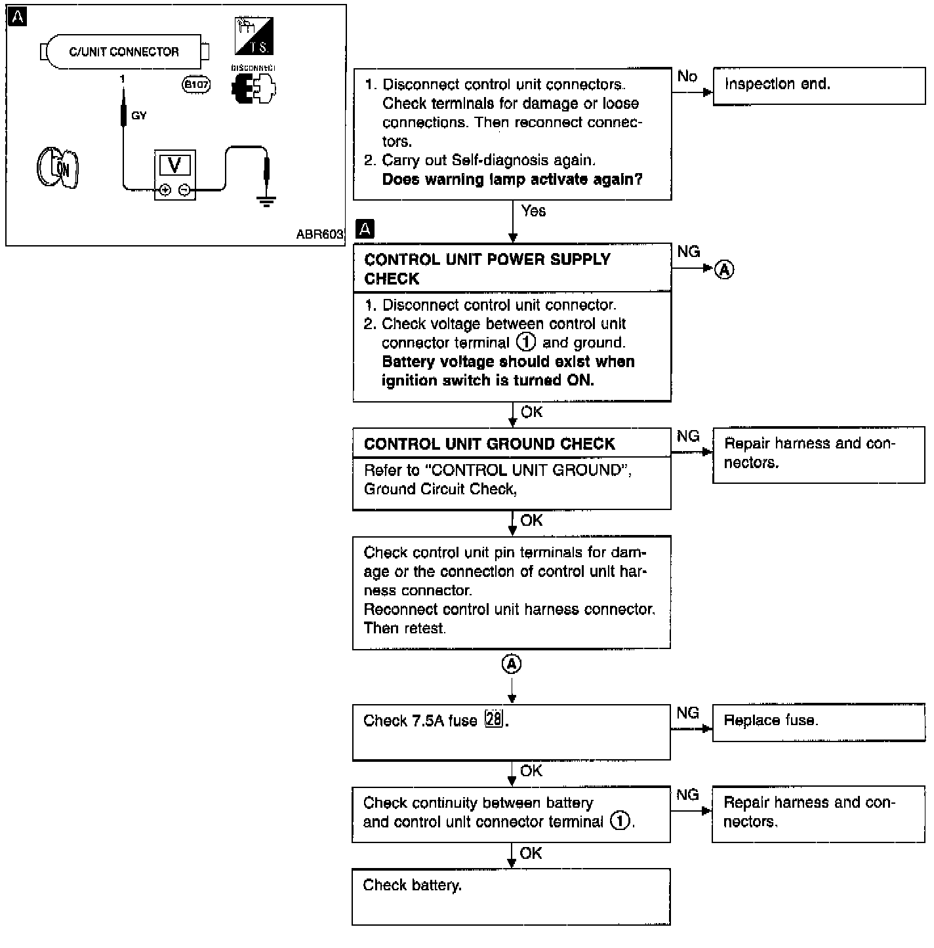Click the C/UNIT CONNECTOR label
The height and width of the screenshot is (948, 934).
(123, 52)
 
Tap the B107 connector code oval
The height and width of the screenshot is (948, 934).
(196, 85)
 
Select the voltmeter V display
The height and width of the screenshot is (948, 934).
(174, 165)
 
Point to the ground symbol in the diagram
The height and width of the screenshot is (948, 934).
(266, 201)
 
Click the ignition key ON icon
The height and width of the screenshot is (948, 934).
(58, 167)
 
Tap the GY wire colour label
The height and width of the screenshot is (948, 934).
(139, 115)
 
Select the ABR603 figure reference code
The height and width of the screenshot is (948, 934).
(319, 234)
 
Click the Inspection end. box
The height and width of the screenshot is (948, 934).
(819, 86)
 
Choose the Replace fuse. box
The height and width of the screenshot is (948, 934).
(819, 722)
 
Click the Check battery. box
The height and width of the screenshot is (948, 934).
(511, 897)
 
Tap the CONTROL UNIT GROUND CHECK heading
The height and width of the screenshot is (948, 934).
(489, 444)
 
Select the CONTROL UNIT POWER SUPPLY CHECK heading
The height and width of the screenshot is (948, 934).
(487, 269)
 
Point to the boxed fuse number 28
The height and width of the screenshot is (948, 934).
(495, 719)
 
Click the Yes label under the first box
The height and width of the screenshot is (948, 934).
(533, 211)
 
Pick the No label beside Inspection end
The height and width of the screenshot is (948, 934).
(687, 76)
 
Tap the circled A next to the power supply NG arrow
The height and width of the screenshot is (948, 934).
(724, 269)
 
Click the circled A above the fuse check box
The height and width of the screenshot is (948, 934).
(512, 664)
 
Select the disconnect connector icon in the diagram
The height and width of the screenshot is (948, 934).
(254, 89)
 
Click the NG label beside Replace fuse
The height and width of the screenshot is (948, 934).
(687, 713)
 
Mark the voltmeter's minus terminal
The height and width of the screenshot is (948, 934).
(184, 190)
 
